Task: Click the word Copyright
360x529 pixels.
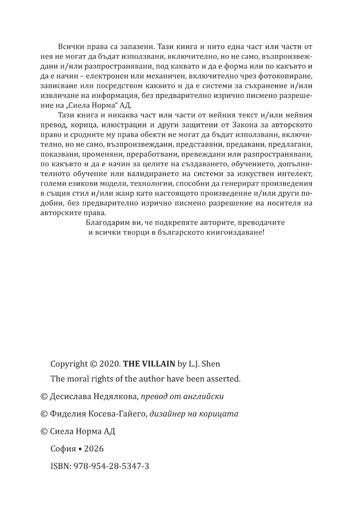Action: (x=69, y=364)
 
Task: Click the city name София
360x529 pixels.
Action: (x=62, y=449)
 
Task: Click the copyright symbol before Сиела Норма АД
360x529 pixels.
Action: (x=44, y=432)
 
